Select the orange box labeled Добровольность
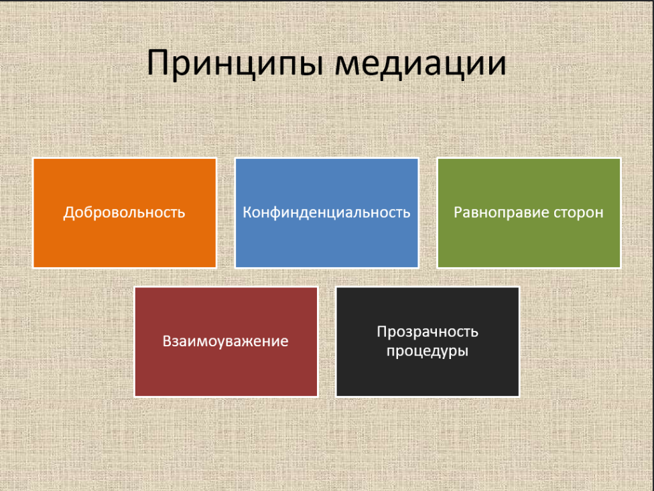(x=125, y=213)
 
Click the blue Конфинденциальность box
(x=326, y=213)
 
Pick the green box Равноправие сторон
(x=529, y=213)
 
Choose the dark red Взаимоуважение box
(x=226, y=342)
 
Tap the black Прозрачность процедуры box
(x=428, y=342)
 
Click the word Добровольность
(x=124, y=212)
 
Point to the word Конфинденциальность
(x=326, y=212)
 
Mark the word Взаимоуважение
(x=225, y=342)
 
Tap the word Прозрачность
(x=428, y=332)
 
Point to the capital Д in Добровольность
(x=68, y=213)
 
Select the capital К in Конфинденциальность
(x=248, y=212)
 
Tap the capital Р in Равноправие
(x=458, y=212)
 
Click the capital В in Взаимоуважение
(x=168, y=342)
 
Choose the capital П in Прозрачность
(x=382, y=332)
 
